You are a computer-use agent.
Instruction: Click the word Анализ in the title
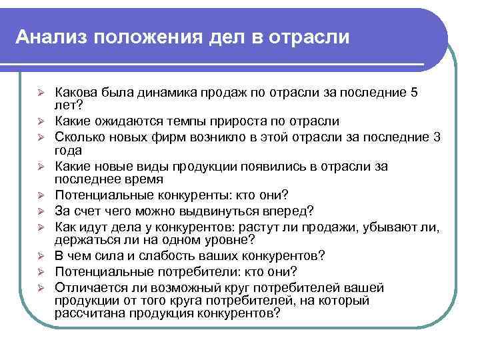tap(49, 36)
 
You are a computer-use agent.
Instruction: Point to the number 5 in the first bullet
tap(415, 93)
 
